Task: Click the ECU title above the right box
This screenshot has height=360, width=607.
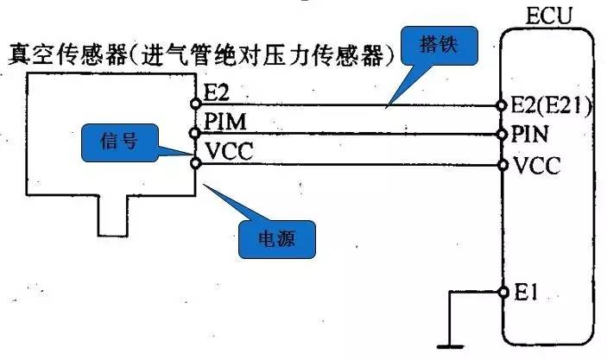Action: click(x=548, y=16)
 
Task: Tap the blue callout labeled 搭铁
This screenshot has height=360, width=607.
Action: click(x=439, y=46)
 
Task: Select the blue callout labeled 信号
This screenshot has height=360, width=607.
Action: click(x=120, y=142)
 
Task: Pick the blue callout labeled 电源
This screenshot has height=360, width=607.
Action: click(x=277, y=240)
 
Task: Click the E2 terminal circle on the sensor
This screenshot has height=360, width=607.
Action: click(x=196, y=104)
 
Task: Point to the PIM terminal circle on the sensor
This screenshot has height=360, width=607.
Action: click(x=195, y=134)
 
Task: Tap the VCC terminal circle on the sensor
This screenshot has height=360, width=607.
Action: click(x=196, y=163)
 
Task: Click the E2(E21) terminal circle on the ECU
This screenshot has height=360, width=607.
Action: click(x=502, y=105)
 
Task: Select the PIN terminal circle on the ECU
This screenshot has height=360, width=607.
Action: click(x=503, y=135)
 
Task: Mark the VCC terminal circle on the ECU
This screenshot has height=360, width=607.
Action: click(x=503, y=165)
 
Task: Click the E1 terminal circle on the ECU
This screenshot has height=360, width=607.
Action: click(x=503, y=293)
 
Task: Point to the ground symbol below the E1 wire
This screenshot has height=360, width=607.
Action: click(x=450, y=346)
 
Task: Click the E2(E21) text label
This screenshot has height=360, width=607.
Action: click(x=551, y=105)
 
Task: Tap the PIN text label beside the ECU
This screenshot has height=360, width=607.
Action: click(x=529, y=135)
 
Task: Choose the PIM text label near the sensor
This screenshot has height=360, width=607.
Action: click(x=225, y=122)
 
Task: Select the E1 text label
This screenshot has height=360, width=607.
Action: click(x=527, y=293)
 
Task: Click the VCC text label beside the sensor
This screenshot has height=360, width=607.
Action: click(x=229, y=151)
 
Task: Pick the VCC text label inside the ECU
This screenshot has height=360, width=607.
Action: click(x=537, y=166)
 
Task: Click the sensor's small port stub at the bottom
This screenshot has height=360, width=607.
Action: click(x=112, y=216)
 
